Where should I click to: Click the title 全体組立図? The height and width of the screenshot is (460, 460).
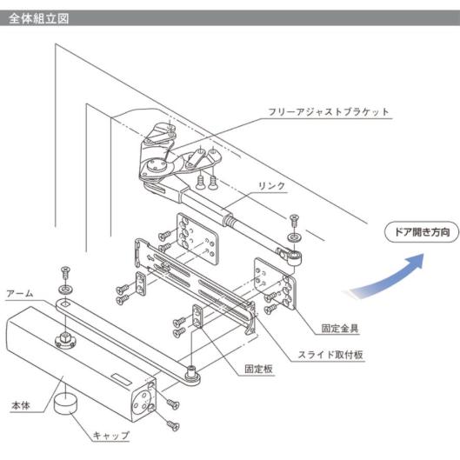(x=38, y=18)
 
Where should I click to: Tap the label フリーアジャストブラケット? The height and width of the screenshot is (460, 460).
(x=329, y=112)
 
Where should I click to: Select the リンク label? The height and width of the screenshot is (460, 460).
(x=271, y=186)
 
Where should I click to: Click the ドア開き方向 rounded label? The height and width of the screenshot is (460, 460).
(x=422, y=232)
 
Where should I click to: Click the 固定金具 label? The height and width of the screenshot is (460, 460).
(x=340, y=329)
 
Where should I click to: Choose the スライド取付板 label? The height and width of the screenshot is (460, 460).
(x=330, y=355)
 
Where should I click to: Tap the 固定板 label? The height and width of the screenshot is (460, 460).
(x=258, y=369)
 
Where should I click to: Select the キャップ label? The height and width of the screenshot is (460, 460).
(x=111, y=436)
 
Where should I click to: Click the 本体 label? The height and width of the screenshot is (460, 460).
(x=21, y=406)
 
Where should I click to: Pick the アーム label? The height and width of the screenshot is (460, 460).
(x=20, y=294)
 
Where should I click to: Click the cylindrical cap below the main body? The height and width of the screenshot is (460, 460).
(x=65, y=403)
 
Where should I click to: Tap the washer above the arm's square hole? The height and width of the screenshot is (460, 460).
(x=65, y=290)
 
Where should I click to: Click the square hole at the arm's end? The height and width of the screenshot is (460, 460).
(x=65, y=303)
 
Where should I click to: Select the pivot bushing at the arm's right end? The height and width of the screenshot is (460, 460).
(x=191, y=372)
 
